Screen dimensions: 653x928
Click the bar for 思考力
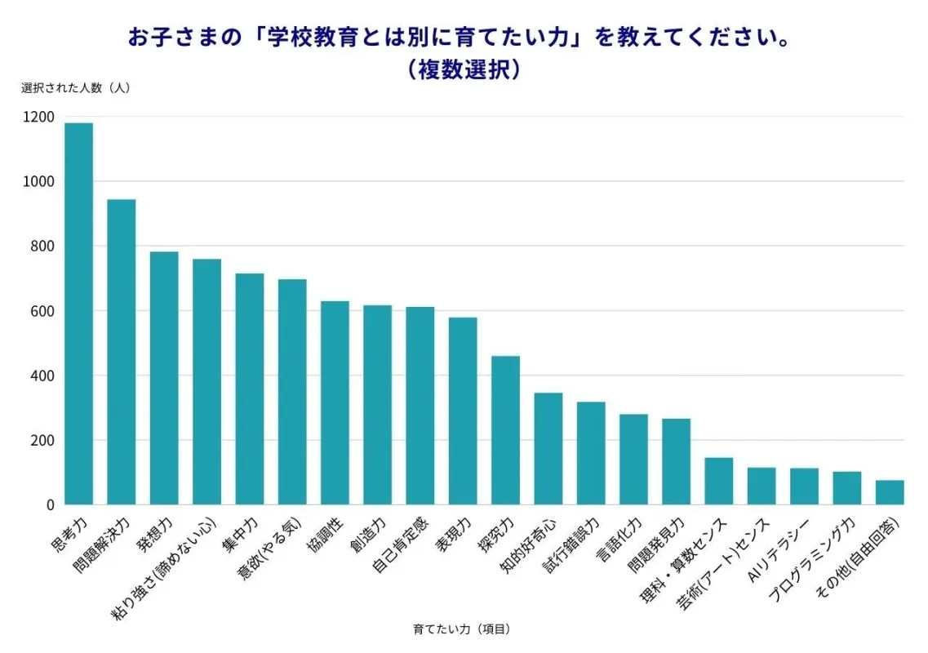click(x=79, y=314)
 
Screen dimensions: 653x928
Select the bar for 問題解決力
click(x=122, y=352)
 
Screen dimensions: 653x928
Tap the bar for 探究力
click(x=505, y=430)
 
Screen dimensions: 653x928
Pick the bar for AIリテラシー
click(x=804, y=486)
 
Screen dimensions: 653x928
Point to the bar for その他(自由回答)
click(x=890, y=492)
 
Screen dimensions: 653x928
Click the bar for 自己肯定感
click(x=420, y=406)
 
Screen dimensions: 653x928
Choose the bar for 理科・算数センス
click(x=719, y=481)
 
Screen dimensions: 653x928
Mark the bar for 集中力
click(x=250, y=389)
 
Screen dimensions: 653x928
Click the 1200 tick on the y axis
click(x=38, y=117)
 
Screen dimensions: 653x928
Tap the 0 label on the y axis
click(x=50, y=505)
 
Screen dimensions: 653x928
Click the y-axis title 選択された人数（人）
click(x=76, y=88)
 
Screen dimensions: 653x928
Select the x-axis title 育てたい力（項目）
click(x=462, y=629)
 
